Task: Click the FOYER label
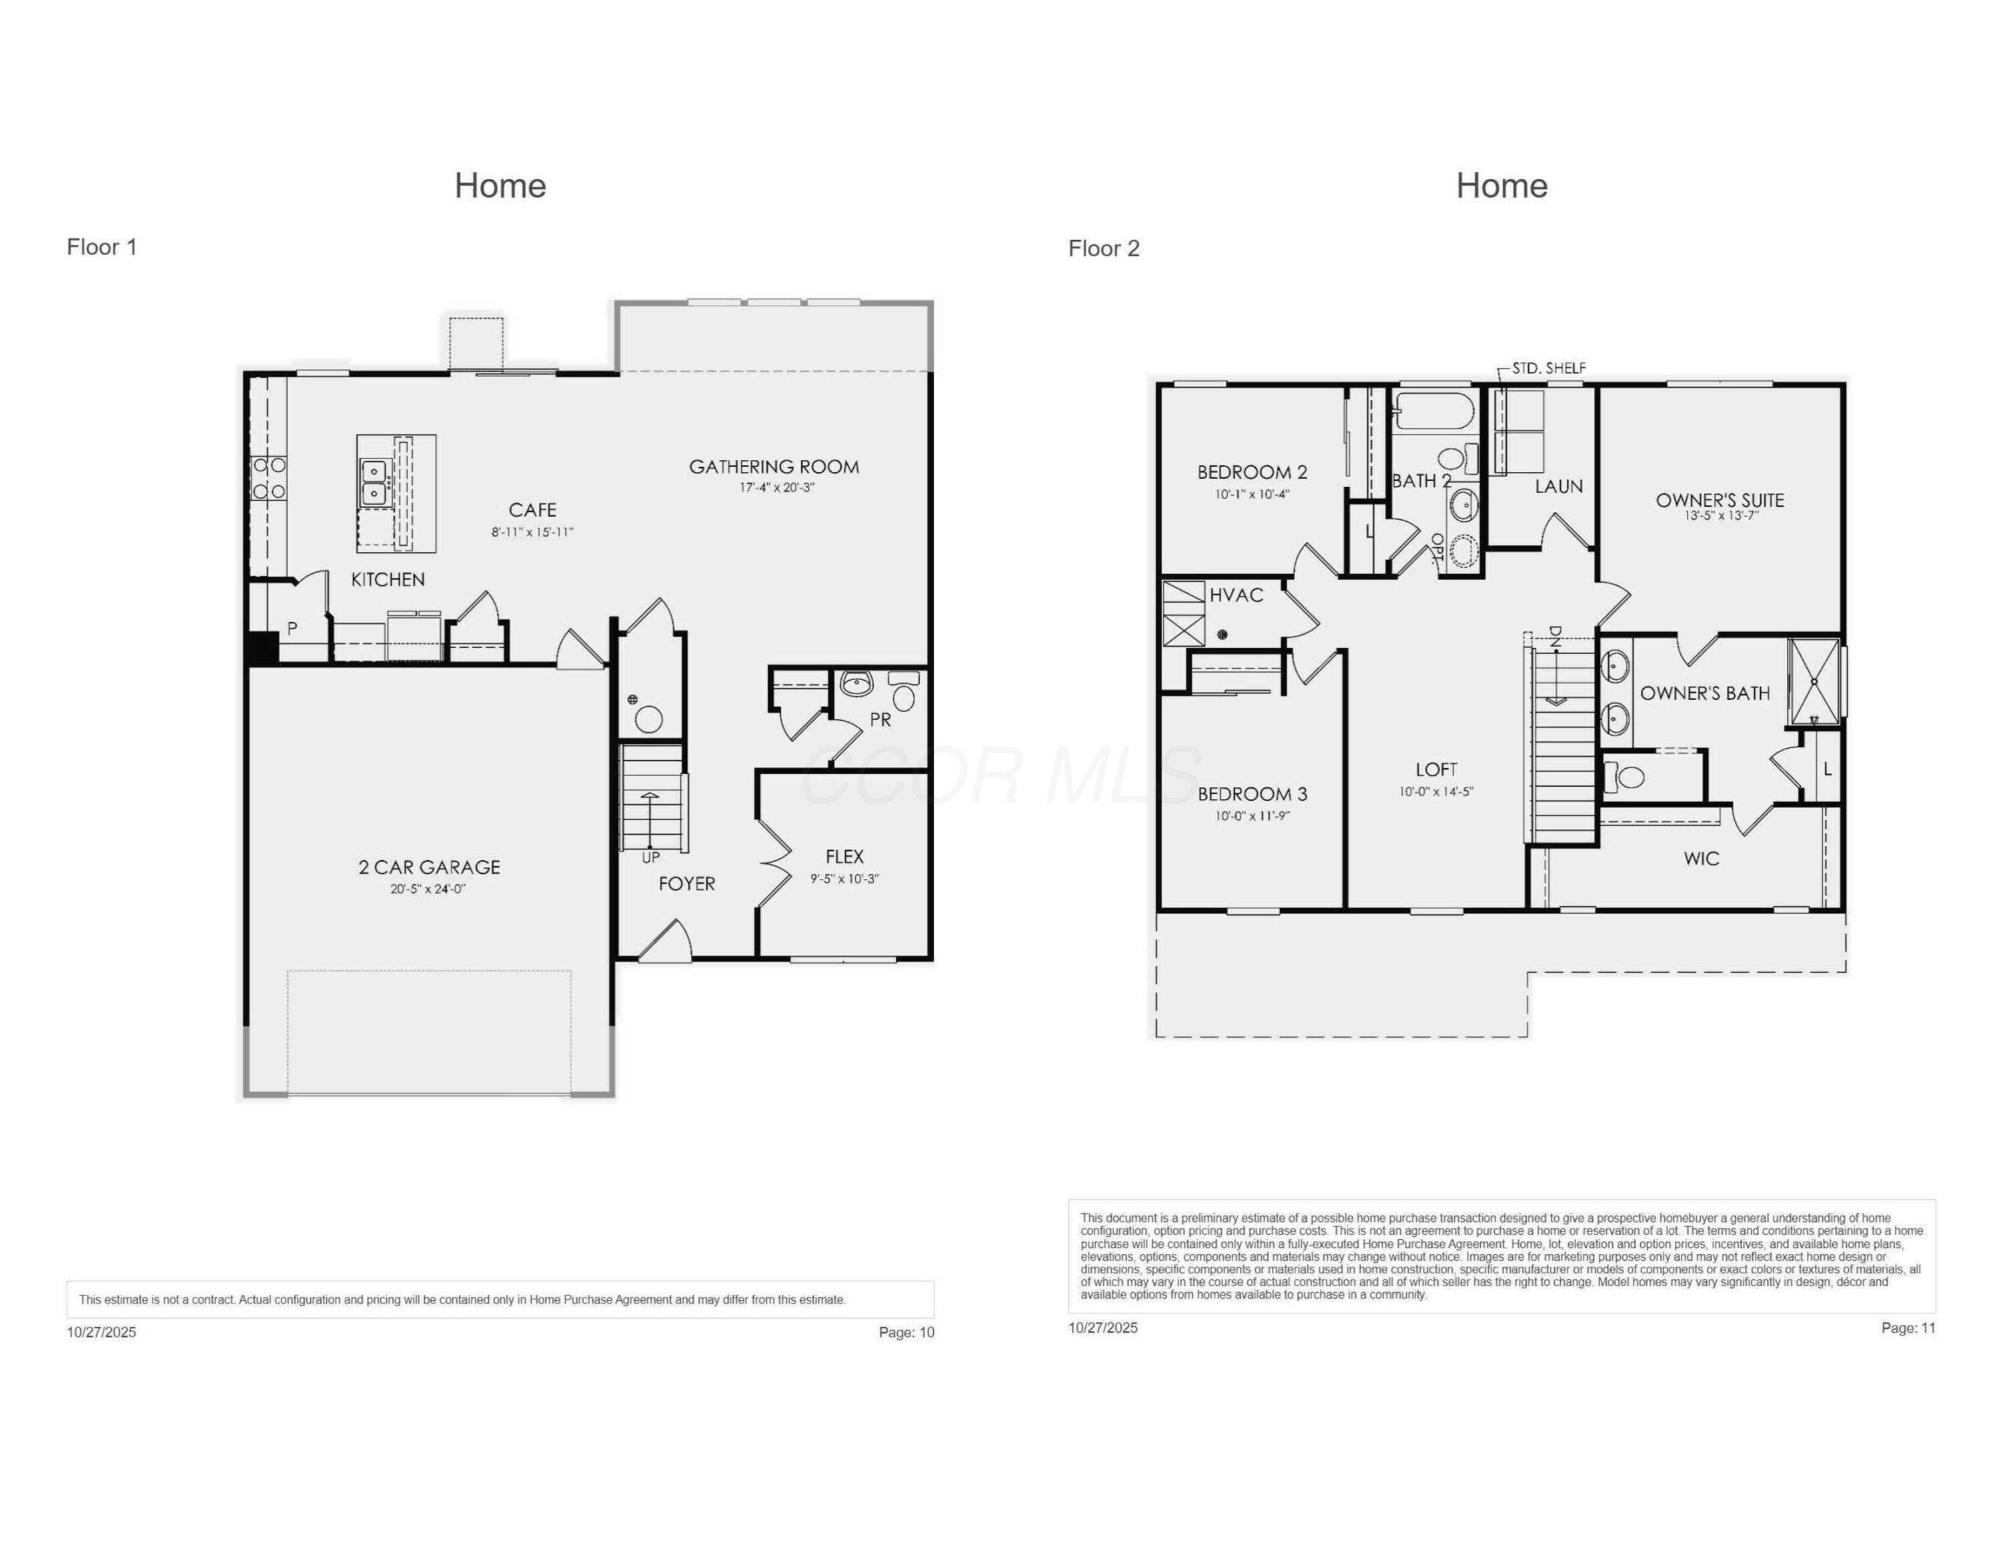click(x=686, y=884)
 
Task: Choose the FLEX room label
click(x=844, y=856)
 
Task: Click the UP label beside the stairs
click(x=650, y=858)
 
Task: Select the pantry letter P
click(x=291, y=629)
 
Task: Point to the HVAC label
click(x=1236, y=595)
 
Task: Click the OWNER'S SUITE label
click(x=1720, y=499)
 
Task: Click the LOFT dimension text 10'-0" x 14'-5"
click(x=1435, y=792)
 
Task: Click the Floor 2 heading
click(x=1103, y=248)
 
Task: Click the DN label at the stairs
click(x=1555, y=636)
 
